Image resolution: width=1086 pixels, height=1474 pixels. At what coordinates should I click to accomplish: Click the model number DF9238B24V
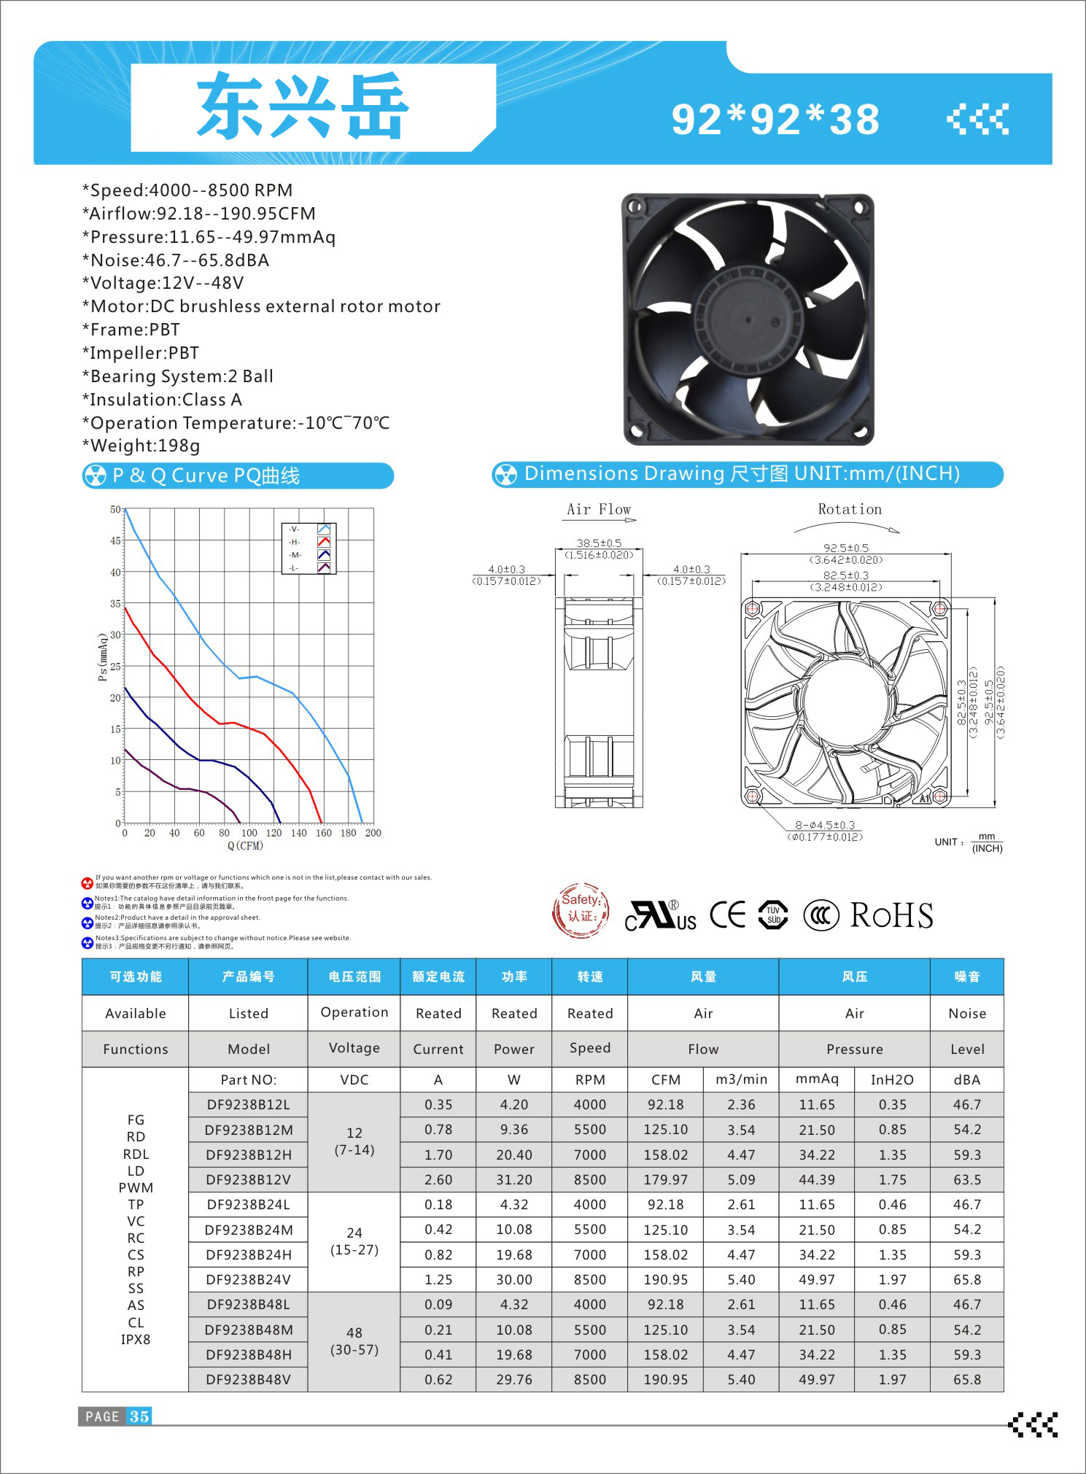pos(248,1279)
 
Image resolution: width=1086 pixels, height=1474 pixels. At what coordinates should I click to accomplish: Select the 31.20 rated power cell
pos(514,1179)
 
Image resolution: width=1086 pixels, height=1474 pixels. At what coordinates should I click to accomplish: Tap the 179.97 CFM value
pos(665,1179)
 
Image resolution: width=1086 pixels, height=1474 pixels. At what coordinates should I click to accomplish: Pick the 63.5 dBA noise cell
pos(967,1179)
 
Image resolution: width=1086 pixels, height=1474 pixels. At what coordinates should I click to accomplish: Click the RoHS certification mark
pos(891,915)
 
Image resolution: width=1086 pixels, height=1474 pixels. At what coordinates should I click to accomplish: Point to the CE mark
pos(727,915)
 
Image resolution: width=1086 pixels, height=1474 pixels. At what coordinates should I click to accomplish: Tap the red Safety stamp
pos(581,909)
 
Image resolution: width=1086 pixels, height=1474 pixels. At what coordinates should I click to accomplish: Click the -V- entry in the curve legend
pos(294,529)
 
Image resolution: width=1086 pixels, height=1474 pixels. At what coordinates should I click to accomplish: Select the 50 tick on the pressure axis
pos(115,509)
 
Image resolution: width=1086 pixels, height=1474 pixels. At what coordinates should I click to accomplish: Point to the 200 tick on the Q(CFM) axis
pos(373,833)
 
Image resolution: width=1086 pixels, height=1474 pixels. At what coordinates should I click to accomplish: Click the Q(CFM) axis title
pos(245,846)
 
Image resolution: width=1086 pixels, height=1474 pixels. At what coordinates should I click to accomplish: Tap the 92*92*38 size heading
pos(775,120)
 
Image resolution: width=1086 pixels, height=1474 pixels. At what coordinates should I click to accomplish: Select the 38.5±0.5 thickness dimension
pos(599,543)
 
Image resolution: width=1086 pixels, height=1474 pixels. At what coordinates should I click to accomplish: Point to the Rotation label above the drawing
pos(850,509)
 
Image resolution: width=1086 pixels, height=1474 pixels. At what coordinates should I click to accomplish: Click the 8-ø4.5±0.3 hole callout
pos(825,825)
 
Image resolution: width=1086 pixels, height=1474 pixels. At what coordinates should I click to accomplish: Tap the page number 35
pos(139,1416)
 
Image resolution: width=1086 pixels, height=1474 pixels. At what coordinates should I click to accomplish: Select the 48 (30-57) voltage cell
pos(354,1341)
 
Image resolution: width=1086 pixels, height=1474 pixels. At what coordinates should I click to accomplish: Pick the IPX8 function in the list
pos(136,1339)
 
